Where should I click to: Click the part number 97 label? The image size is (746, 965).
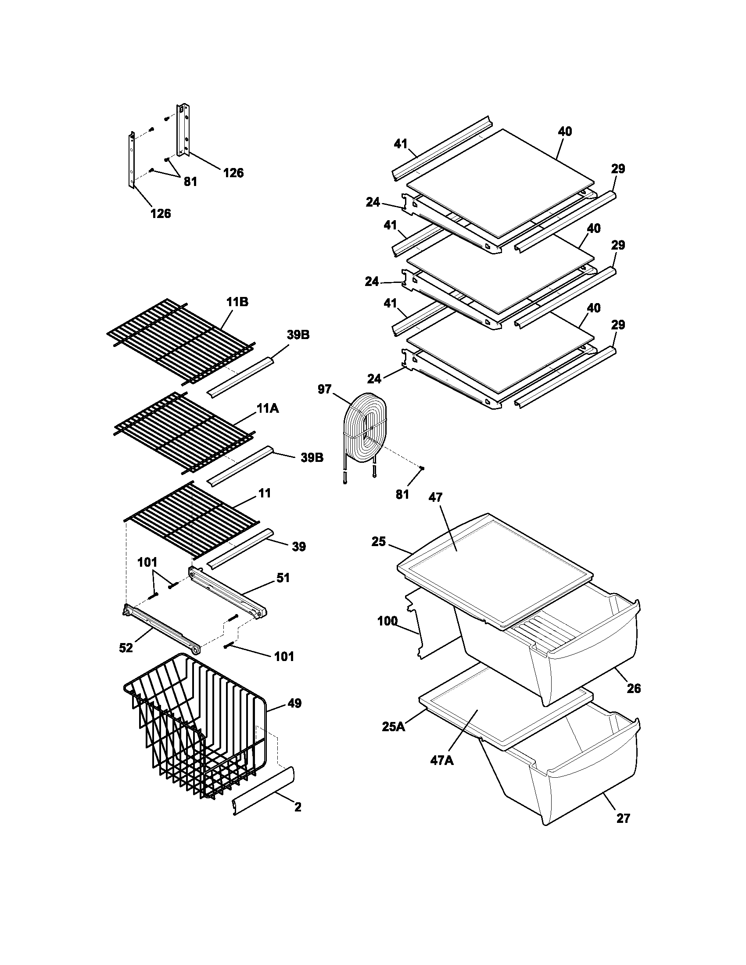[x=324, y=389]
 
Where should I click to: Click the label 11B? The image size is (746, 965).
[x=237, y=302]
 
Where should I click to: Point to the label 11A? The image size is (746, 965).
[x=268, y=409]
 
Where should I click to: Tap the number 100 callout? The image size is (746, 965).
[x=387, y=621]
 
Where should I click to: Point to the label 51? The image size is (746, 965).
[x=283, y=578]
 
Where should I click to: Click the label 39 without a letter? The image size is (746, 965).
[x=299, y=547]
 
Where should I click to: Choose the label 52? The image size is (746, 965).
[x=126, y=648]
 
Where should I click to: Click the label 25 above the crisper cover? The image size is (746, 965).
[x=379, y=541]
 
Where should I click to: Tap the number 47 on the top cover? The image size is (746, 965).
[x=435, y=497]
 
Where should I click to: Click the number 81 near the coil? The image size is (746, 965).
[x=402, y=494]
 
